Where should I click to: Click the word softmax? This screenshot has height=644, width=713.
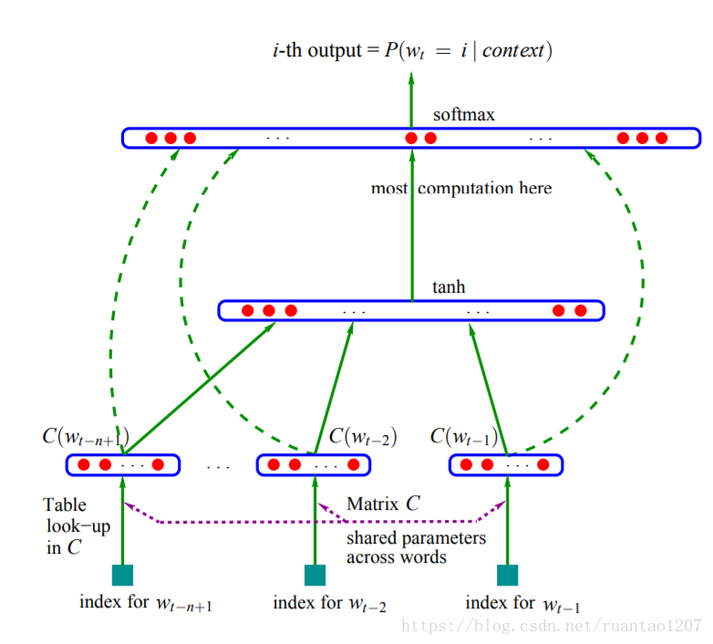[x=464, y=116]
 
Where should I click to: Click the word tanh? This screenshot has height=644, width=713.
[x=449, y=287]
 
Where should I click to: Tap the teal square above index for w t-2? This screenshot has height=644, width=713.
[x=315, y=575]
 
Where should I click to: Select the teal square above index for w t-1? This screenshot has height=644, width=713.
[x=507, y=575]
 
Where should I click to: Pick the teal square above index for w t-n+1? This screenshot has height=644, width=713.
[x=122, y=575]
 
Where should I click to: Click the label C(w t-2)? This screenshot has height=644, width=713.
[x=362, y=437]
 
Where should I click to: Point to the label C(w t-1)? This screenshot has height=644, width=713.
[x=464, y=437]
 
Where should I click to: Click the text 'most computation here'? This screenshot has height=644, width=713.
[x=461, y=189]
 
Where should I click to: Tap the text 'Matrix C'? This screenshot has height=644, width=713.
[x=383, y=504]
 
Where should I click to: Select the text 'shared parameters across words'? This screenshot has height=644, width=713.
[x=415, y=547]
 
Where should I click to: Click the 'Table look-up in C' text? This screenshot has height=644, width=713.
[x=66, y=526]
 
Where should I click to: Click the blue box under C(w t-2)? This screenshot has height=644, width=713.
[x=315, y=465]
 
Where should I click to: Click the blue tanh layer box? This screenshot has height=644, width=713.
[x=410, y=310]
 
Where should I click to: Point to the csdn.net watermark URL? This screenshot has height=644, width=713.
[x=552, y=627]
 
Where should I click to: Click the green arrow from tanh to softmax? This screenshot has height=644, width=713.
[x=411, y=228]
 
